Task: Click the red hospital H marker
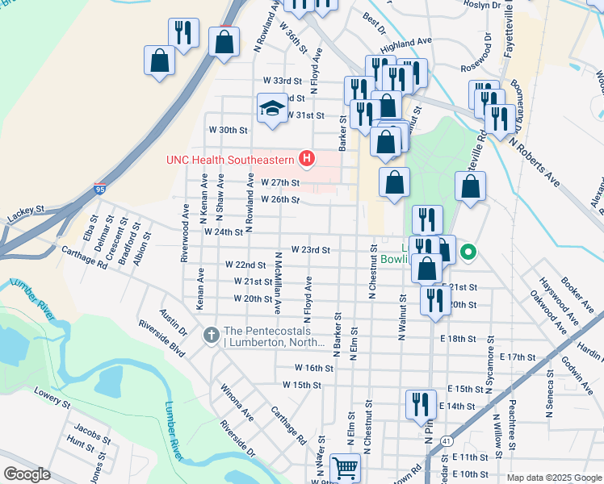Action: point(306,160)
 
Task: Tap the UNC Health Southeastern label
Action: point(230,160)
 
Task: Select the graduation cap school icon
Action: point(273,107)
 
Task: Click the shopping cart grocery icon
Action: point(345,466)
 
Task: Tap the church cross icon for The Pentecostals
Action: point(211,334)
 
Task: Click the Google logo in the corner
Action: point(27,474)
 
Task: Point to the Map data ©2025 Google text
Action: point(553,478)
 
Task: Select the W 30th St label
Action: point(227,130)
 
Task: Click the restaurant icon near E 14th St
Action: point(420,404)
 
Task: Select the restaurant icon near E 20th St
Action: point(434,300)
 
